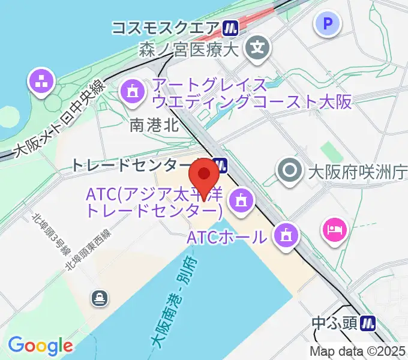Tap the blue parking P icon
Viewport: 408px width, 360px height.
(328, 25)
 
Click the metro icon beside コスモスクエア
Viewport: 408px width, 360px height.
(230, 28)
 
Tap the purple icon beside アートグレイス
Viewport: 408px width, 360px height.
(131, 92)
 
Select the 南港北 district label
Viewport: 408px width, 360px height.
(154, 125)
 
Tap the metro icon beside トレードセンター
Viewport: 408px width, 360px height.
(218, 164)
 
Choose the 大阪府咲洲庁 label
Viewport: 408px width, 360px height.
(356, 173)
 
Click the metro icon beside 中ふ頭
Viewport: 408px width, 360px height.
(368, 323)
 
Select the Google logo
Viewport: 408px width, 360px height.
(40, 346)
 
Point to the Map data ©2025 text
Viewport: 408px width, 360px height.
(358, 352)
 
